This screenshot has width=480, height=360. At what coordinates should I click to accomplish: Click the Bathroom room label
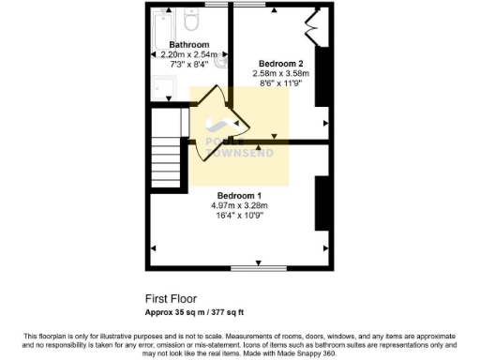click(x=188, y=44)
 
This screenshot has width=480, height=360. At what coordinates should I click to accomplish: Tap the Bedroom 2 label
click(x=280, y=64)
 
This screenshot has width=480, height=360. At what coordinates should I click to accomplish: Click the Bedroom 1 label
click(x=239, y=195)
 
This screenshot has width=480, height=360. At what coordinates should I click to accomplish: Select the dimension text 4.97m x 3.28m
click(x=239, y=205)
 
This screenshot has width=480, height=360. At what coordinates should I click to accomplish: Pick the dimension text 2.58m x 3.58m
click(x=280, y=73)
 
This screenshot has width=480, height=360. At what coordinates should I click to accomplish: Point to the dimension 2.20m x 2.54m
click(x=188, y=54)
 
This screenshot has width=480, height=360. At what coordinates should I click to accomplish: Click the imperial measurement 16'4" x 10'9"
click(x=239, y=216)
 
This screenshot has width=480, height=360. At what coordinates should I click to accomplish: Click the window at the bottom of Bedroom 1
click(x=258, y=267)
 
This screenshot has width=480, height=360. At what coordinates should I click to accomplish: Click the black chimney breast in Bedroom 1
click(x=321, y=201)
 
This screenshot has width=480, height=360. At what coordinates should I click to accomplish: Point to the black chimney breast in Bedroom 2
click(x=321, y=77)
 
